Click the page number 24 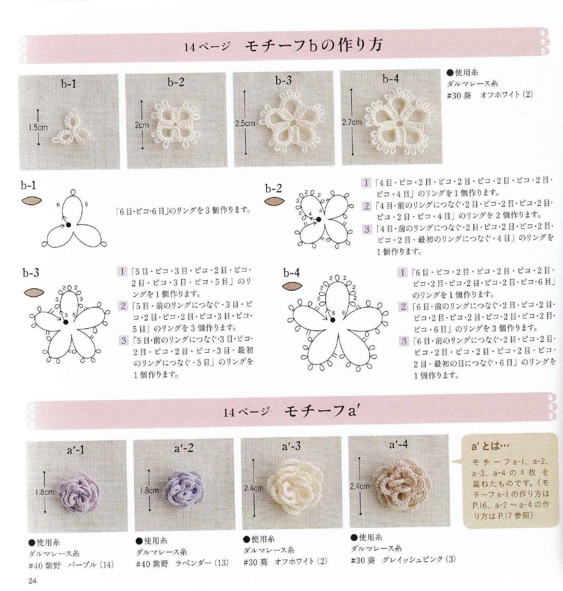pyautogui.click(x=32, y=581)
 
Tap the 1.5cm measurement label pyautogui.click(x=38, y=127)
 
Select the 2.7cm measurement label pyautogui.click(x=351, y=122)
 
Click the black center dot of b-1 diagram pyautogui.click(x=68, y=225)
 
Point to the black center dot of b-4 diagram pyautogui.click(x=333, y=321)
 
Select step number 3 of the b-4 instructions pyautogui.click(x=404, y=341)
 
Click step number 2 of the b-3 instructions pyautogui.click(x=123, y=306)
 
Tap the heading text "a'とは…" pyautogui.click(x=490, y=446)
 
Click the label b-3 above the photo pyautogui.click(x=283, y=80)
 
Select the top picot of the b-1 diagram pyautogui.click(x=72, y=193)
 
